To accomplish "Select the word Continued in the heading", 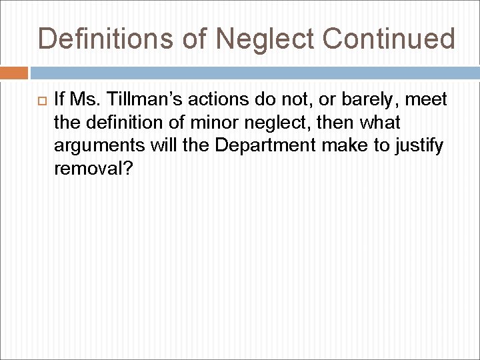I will pos(389,39).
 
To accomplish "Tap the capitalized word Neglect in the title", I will pos(266,39).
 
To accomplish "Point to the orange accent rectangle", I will pos(14,73).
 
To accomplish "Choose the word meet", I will pos(425,100).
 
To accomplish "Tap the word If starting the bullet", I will pos(59,100).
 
